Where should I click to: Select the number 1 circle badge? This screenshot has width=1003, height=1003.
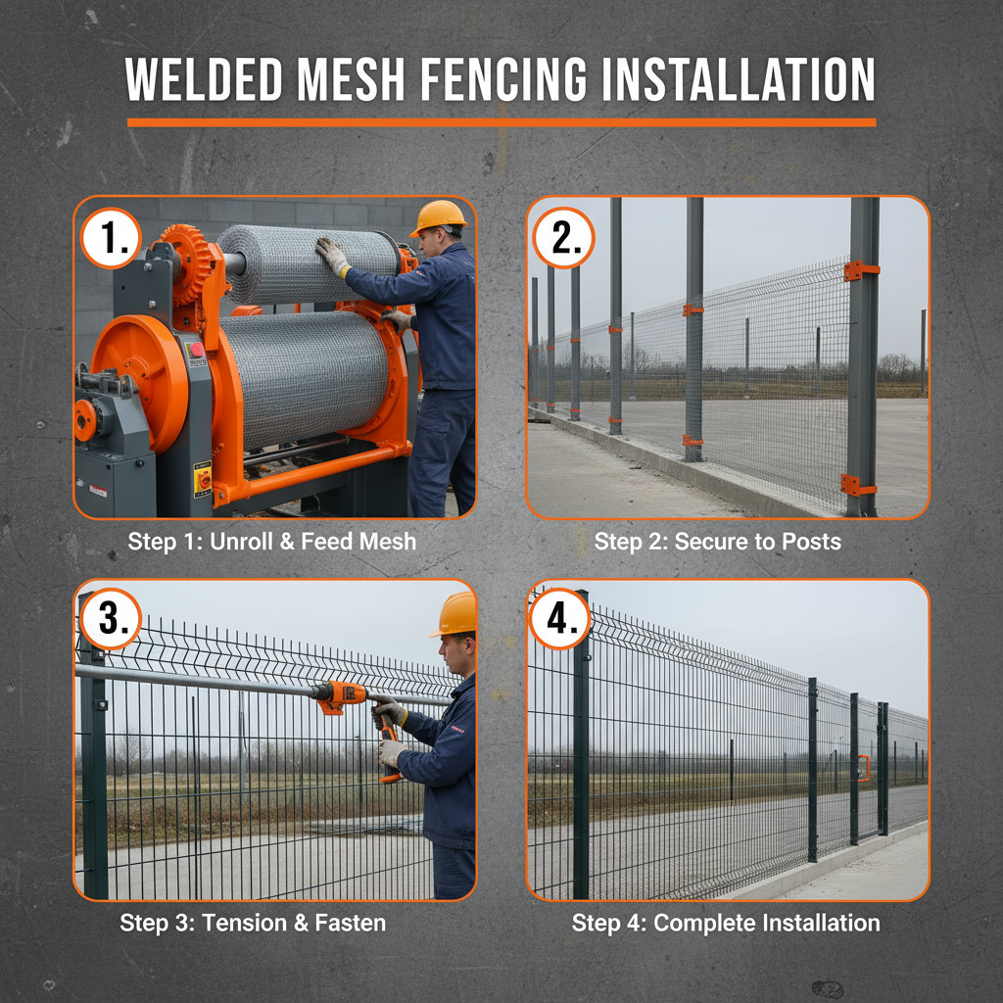pyautogui.click(x=112, y=238)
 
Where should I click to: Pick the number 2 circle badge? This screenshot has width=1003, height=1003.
pyautogui.click(x=563, y=238)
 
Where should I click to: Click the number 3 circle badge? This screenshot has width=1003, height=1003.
pyautogui.click(x=111, y=619)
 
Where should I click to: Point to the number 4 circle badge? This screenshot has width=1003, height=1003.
pyautogui.click(x=560, y=619)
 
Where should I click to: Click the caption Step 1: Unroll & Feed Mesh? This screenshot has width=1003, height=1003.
pyautogui.click(x=272, y=542)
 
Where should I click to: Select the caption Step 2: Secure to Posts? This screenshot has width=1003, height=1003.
pyautogui.click(x=717, y=542)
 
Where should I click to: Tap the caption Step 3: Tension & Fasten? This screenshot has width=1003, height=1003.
pyautogui.click(x=253, y=923)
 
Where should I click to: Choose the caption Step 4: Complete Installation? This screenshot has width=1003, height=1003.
pyautogui.click(x=726, y=923)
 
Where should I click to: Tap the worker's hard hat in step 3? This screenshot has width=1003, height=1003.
pyautogui.click(x=455, y=614)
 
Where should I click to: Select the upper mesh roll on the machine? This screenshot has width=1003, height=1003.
pyautogui.click(x=309, y=263)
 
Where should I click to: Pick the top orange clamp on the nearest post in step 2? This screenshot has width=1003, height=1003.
pyautogui.click(x=860, y=270)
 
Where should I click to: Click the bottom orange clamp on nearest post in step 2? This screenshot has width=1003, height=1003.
pyautogui.click(x=857, y=485)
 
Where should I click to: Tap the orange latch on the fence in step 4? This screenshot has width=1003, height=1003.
pyautogui.click(x=863, y=769)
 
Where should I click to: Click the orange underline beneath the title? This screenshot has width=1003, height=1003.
pyautogui.click(x=501, y=122)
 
